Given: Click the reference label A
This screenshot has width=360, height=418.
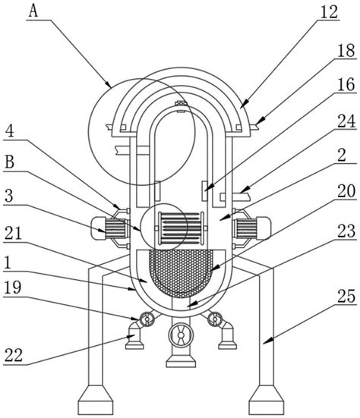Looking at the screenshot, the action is pos(33,11).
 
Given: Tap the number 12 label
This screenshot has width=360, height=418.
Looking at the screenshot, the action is pos(330,12).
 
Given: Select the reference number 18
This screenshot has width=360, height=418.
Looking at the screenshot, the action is pos(346,51).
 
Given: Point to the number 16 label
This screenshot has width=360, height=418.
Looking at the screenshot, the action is pos(346,84).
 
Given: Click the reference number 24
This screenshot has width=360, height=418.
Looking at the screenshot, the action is pos(346,121).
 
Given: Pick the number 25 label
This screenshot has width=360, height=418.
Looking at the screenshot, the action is pos(346,296).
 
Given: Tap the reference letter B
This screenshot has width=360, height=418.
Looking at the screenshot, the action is pos(10,162).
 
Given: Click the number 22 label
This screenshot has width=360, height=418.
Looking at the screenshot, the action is pos(14,355).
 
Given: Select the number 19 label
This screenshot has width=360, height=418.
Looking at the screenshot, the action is pos(13,288).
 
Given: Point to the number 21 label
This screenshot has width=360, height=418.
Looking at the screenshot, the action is pos(13,234).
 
